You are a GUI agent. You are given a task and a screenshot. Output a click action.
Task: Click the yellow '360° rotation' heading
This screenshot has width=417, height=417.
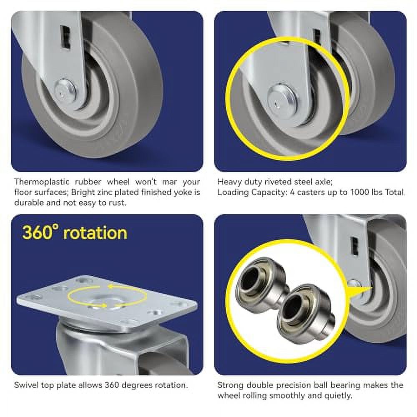click(75, 232)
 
